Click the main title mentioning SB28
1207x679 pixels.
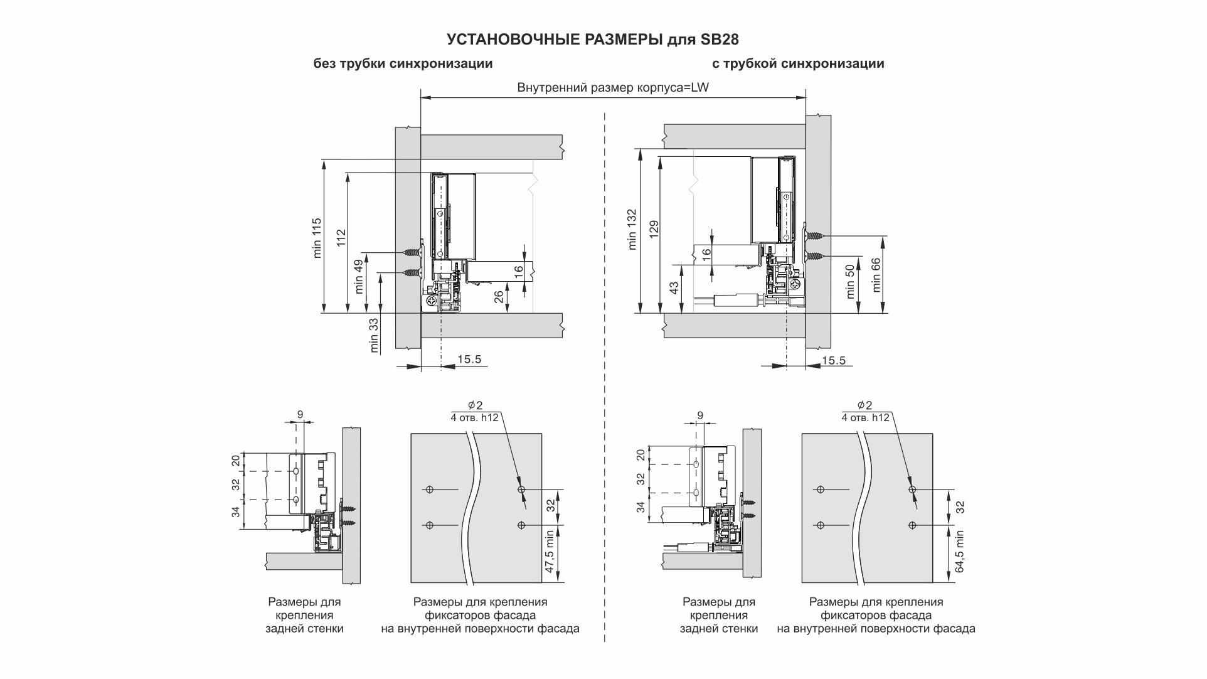593,40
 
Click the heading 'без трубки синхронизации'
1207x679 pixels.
403,63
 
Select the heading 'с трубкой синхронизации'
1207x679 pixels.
798,63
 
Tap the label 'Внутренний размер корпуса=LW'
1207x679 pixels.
613,87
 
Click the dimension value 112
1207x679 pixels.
341,238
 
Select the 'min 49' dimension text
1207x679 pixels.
359,277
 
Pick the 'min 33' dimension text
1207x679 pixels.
375,336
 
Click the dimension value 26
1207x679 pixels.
499,296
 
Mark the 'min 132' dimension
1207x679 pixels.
632,229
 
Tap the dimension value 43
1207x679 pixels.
674,288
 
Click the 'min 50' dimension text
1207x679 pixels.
851,281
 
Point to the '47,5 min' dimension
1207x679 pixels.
550,553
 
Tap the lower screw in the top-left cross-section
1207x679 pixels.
412,272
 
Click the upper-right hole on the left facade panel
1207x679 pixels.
521,489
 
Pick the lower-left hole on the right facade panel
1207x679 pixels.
819,525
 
